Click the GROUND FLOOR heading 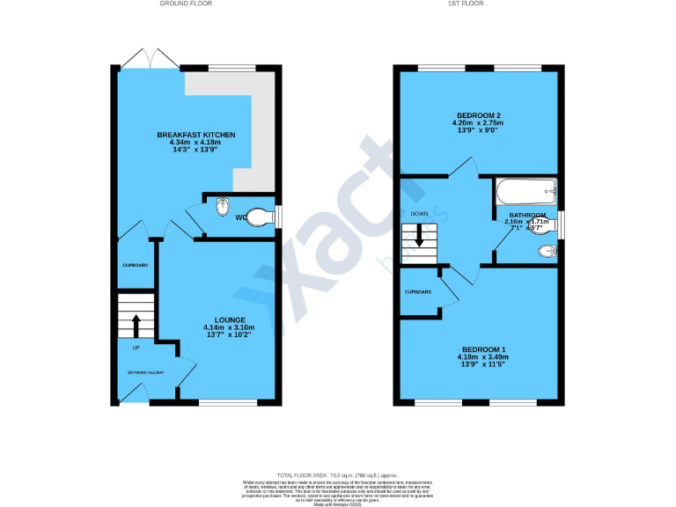pyautogui.click(x=186, y=4)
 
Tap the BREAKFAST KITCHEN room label pyautogui.click(x=196, y=135)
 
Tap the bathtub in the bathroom pyautogui.click(x=526, y=191)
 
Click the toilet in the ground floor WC pyautogui.click(x=260, y=217)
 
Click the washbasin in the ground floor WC pyautogui.click(x=224, y=208)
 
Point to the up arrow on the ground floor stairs pyautogui.click(x=136, y=325)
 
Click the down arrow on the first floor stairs pyautogui.click(x=419, y=235)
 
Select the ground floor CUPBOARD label pyautogui.click(x=135, y=265)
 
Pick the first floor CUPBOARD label pyautogui.click(x=417, y=292)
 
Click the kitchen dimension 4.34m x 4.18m pyautogui.click(x=196, y=143)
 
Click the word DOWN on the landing pyautogui.click(x=419, y=213)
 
